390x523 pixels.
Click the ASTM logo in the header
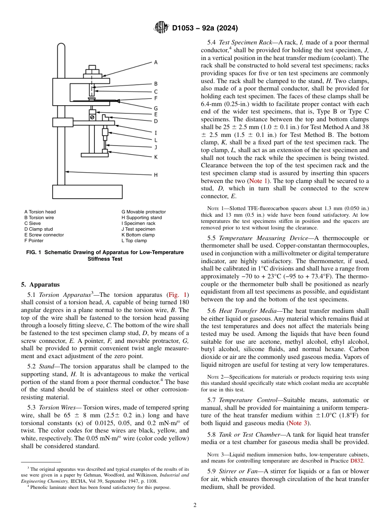point(161,28)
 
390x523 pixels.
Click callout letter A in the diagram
point(156,62)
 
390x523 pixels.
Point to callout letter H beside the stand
point(156,175)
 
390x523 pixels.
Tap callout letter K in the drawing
point(156,157)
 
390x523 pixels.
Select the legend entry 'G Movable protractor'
point(143,212)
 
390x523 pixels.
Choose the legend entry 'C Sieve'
point(32,223)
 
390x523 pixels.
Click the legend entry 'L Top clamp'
point(134,241)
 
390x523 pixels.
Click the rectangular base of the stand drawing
point(87,192)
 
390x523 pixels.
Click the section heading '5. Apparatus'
point(40,285)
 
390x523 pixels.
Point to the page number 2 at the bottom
point(195,505)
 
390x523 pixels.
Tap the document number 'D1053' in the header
point(185,28)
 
